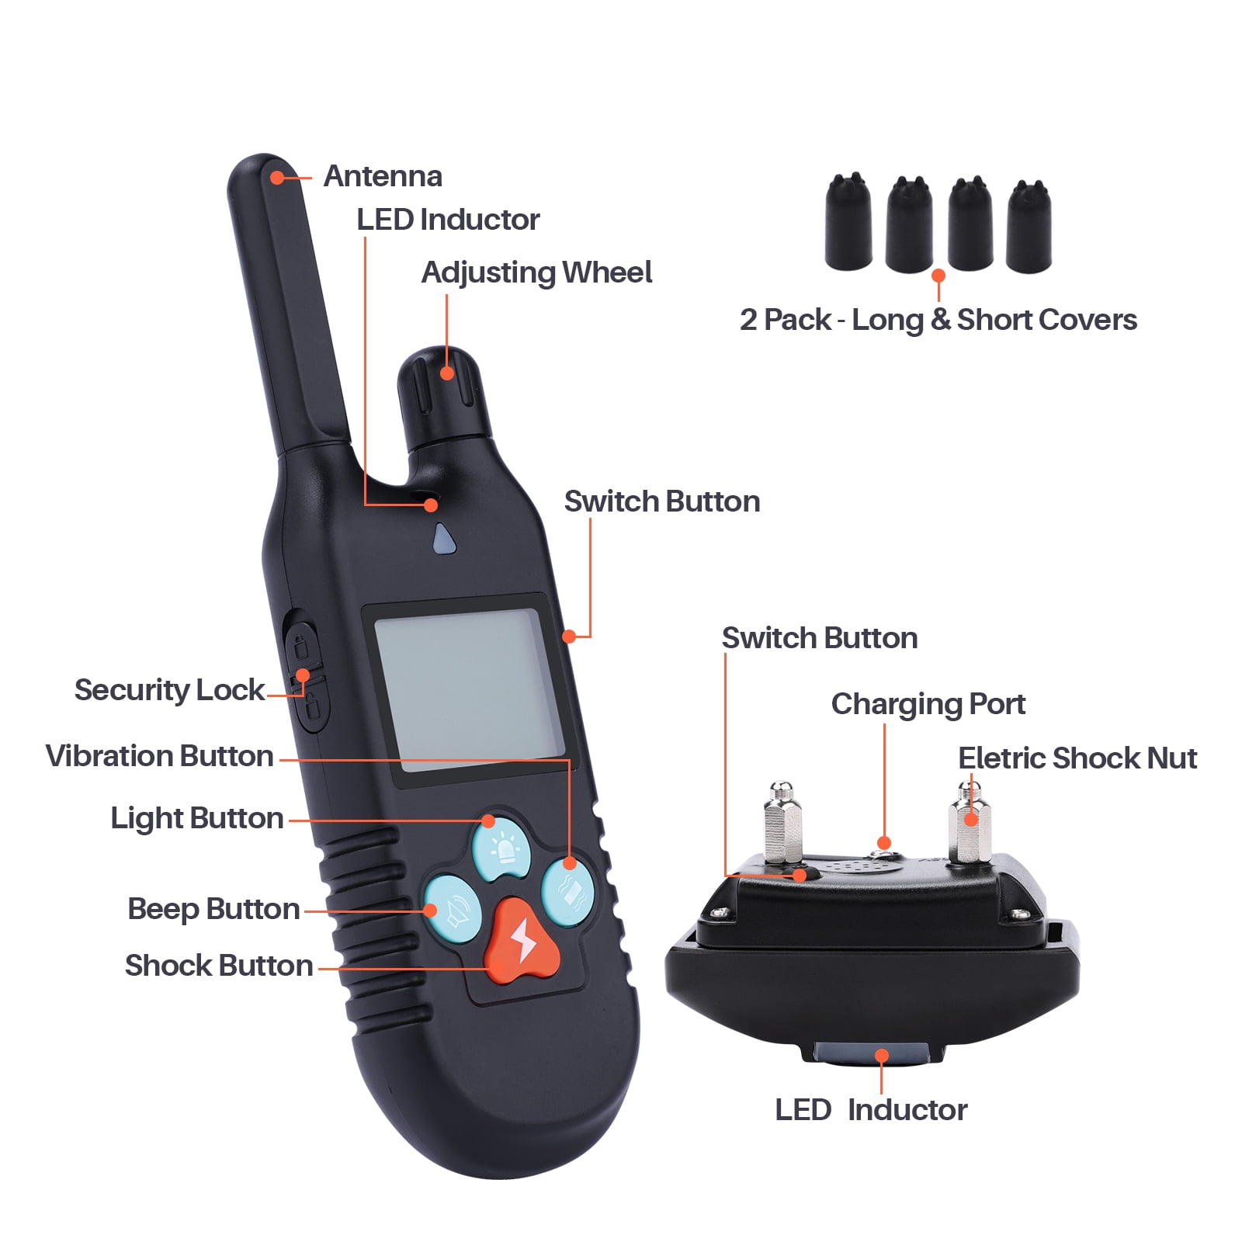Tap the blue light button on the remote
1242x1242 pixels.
coord(501,847)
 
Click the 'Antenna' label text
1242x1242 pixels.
coord(383,176)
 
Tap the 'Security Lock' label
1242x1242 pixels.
coord(169,690)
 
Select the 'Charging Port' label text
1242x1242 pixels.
coord(928,705)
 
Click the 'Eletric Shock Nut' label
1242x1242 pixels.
coord(1077,758)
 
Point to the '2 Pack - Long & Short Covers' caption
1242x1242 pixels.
coord(938,320)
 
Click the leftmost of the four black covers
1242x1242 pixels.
coord(848,222)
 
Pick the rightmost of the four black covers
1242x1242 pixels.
coord(1029,226)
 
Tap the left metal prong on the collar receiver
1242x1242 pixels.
coord(782,823)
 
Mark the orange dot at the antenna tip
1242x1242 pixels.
coord(277,178)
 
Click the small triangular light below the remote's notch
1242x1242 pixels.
coord(443,539)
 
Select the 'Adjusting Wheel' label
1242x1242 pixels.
coord(536,273)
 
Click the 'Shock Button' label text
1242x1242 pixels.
coord(219,966)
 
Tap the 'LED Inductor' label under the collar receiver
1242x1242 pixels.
coord(871,1110)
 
